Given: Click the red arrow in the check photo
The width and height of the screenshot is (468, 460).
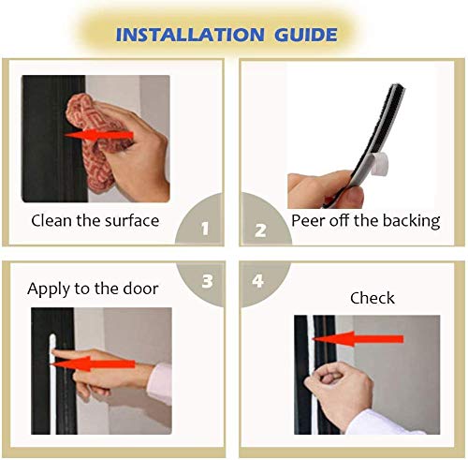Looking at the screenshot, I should click(x=365, y=337).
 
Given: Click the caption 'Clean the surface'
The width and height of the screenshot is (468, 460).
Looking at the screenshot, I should click(x=95, y=221).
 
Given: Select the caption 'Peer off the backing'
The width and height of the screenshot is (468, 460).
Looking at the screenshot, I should click(x=365, y=221).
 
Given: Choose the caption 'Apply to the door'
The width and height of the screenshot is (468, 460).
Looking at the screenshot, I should click(x=93, y=289).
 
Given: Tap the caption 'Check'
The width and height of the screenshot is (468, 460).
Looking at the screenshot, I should click(x=373, y=298).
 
